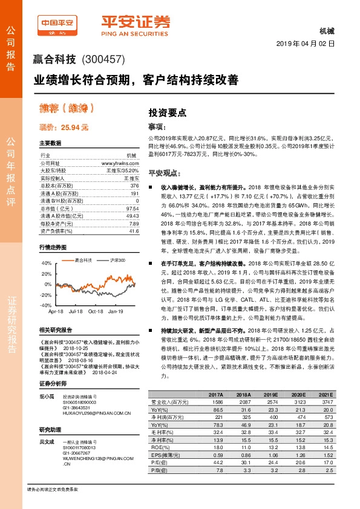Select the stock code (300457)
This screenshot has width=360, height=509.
[102, 59]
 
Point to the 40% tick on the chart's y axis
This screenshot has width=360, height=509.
[45, 263]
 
